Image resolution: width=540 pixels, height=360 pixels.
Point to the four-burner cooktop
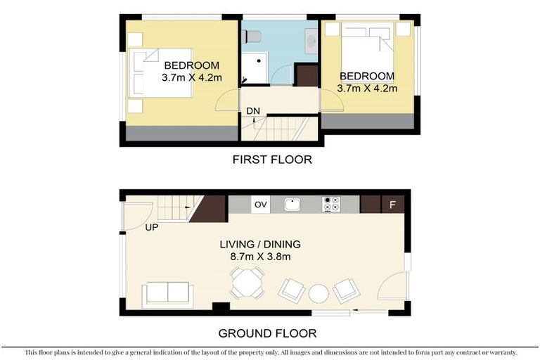[331, 205]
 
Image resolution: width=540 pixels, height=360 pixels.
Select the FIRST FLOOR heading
[271, 160]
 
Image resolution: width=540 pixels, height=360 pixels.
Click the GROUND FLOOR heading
[267, 333]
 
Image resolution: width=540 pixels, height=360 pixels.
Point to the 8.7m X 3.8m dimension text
[259, 257]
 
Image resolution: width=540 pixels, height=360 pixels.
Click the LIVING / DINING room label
[260, 244]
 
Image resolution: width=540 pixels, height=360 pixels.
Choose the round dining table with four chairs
[247, 283]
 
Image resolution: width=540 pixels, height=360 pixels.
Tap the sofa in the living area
[167, 293]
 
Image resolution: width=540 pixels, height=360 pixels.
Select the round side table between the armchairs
[319, 292]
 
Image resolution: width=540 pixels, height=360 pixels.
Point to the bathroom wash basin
[311, 41]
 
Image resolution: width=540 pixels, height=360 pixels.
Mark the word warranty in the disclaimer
[496, 352]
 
